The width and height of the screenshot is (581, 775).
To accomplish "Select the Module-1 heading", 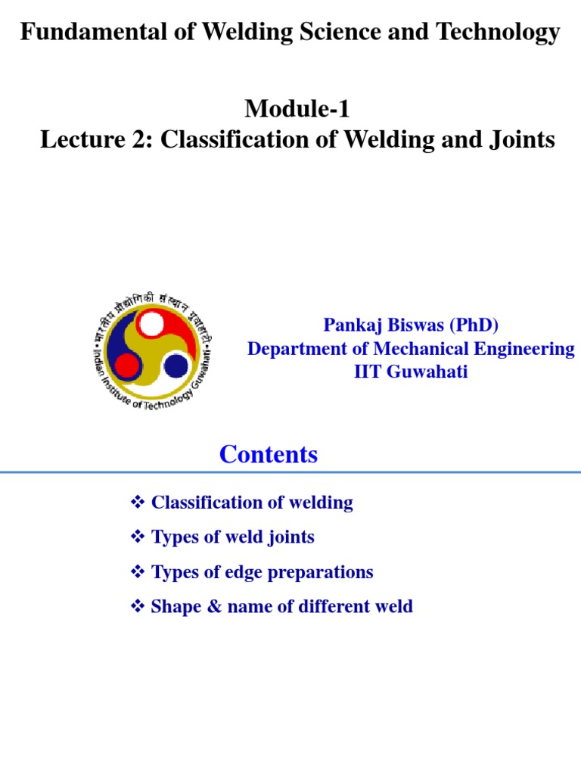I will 297,110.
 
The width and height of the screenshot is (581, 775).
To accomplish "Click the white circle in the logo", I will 151,325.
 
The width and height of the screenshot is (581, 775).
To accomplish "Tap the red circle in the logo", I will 126,367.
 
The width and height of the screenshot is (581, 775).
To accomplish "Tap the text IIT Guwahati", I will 411,372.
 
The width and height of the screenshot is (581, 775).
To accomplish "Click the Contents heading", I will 269,455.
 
